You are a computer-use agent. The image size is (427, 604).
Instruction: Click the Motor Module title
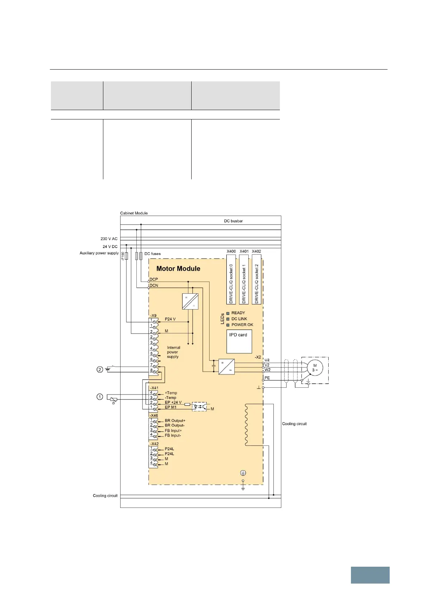(178, 269)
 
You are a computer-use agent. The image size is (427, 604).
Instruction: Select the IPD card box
(239, 341)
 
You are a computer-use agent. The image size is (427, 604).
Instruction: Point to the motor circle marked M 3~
(315, 368)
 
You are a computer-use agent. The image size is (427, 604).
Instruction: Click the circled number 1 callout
(100, 397)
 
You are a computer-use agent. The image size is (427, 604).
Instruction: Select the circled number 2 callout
(100, 369)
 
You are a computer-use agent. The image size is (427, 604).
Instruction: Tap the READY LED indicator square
(228, 313)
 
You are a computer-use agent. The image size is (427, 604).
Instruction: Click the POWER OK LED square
(228, 325)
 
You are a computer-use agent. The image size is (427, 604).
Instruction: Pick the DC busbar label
(233, 221)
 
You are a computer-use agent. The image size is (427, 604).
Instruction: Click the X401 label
(244, 251)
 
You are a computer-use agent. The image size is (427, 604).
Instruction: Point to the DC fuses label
(152, 254)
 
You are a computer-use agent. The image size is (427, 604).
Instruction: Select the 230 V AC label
(109, 239)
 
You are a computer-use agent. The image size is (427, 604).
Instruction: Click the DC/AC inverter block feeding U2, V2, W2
(226, 367)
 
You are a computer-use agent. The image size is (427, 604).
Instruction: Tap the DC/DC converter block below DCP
(191, 301)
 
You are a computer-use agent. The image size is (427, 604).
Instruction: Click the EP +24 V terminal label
(173, 402)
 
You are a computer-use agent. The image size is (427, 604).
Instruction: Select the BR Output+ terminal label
(175, 421)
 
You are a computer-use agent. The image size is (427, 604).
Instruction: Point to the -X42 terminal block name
(154, 444)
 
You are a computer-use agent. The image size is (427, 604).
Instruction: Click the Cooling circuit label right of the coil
(294, 424)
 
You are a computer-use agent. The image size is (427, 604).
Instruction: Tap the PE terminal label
(267, 378)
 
